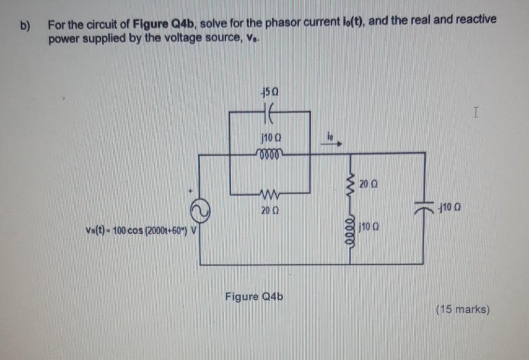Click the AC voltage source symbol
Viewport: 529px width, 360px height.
(x=200, y=208)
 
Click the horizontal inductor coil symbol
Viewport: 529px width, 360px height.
(x=269, y=153)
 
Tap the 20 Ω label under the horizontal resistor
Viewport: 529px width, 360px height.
(x=269, y=211)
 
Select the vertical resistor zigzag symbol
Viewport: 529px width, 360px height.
(x=350, y=182)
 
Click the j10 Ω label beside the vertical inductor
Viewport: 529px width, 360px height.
(x=368, y=227)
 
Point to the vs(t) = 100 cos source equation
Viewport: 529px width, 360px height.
(x=139, y=229)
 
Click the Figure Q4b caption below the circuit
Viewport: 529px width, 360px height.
(x=254, y=297)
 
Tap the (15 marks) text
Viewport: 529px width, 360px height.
(x=463, y=310)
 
